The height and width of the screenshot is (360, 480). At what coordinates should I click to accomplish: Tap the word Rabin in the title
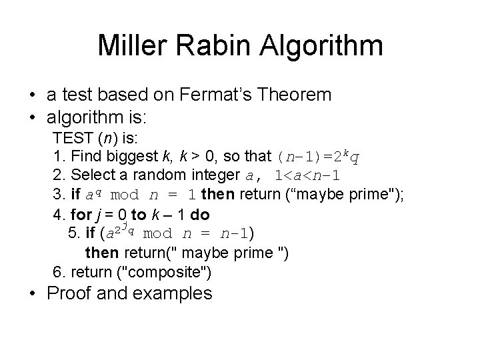coord(209,45)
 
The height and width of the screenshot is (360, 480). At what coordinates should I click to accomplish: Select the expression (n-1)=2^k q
coord(322,157)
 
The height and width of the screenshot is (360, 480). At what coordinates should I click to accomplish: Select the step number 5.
coord(73,234)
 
